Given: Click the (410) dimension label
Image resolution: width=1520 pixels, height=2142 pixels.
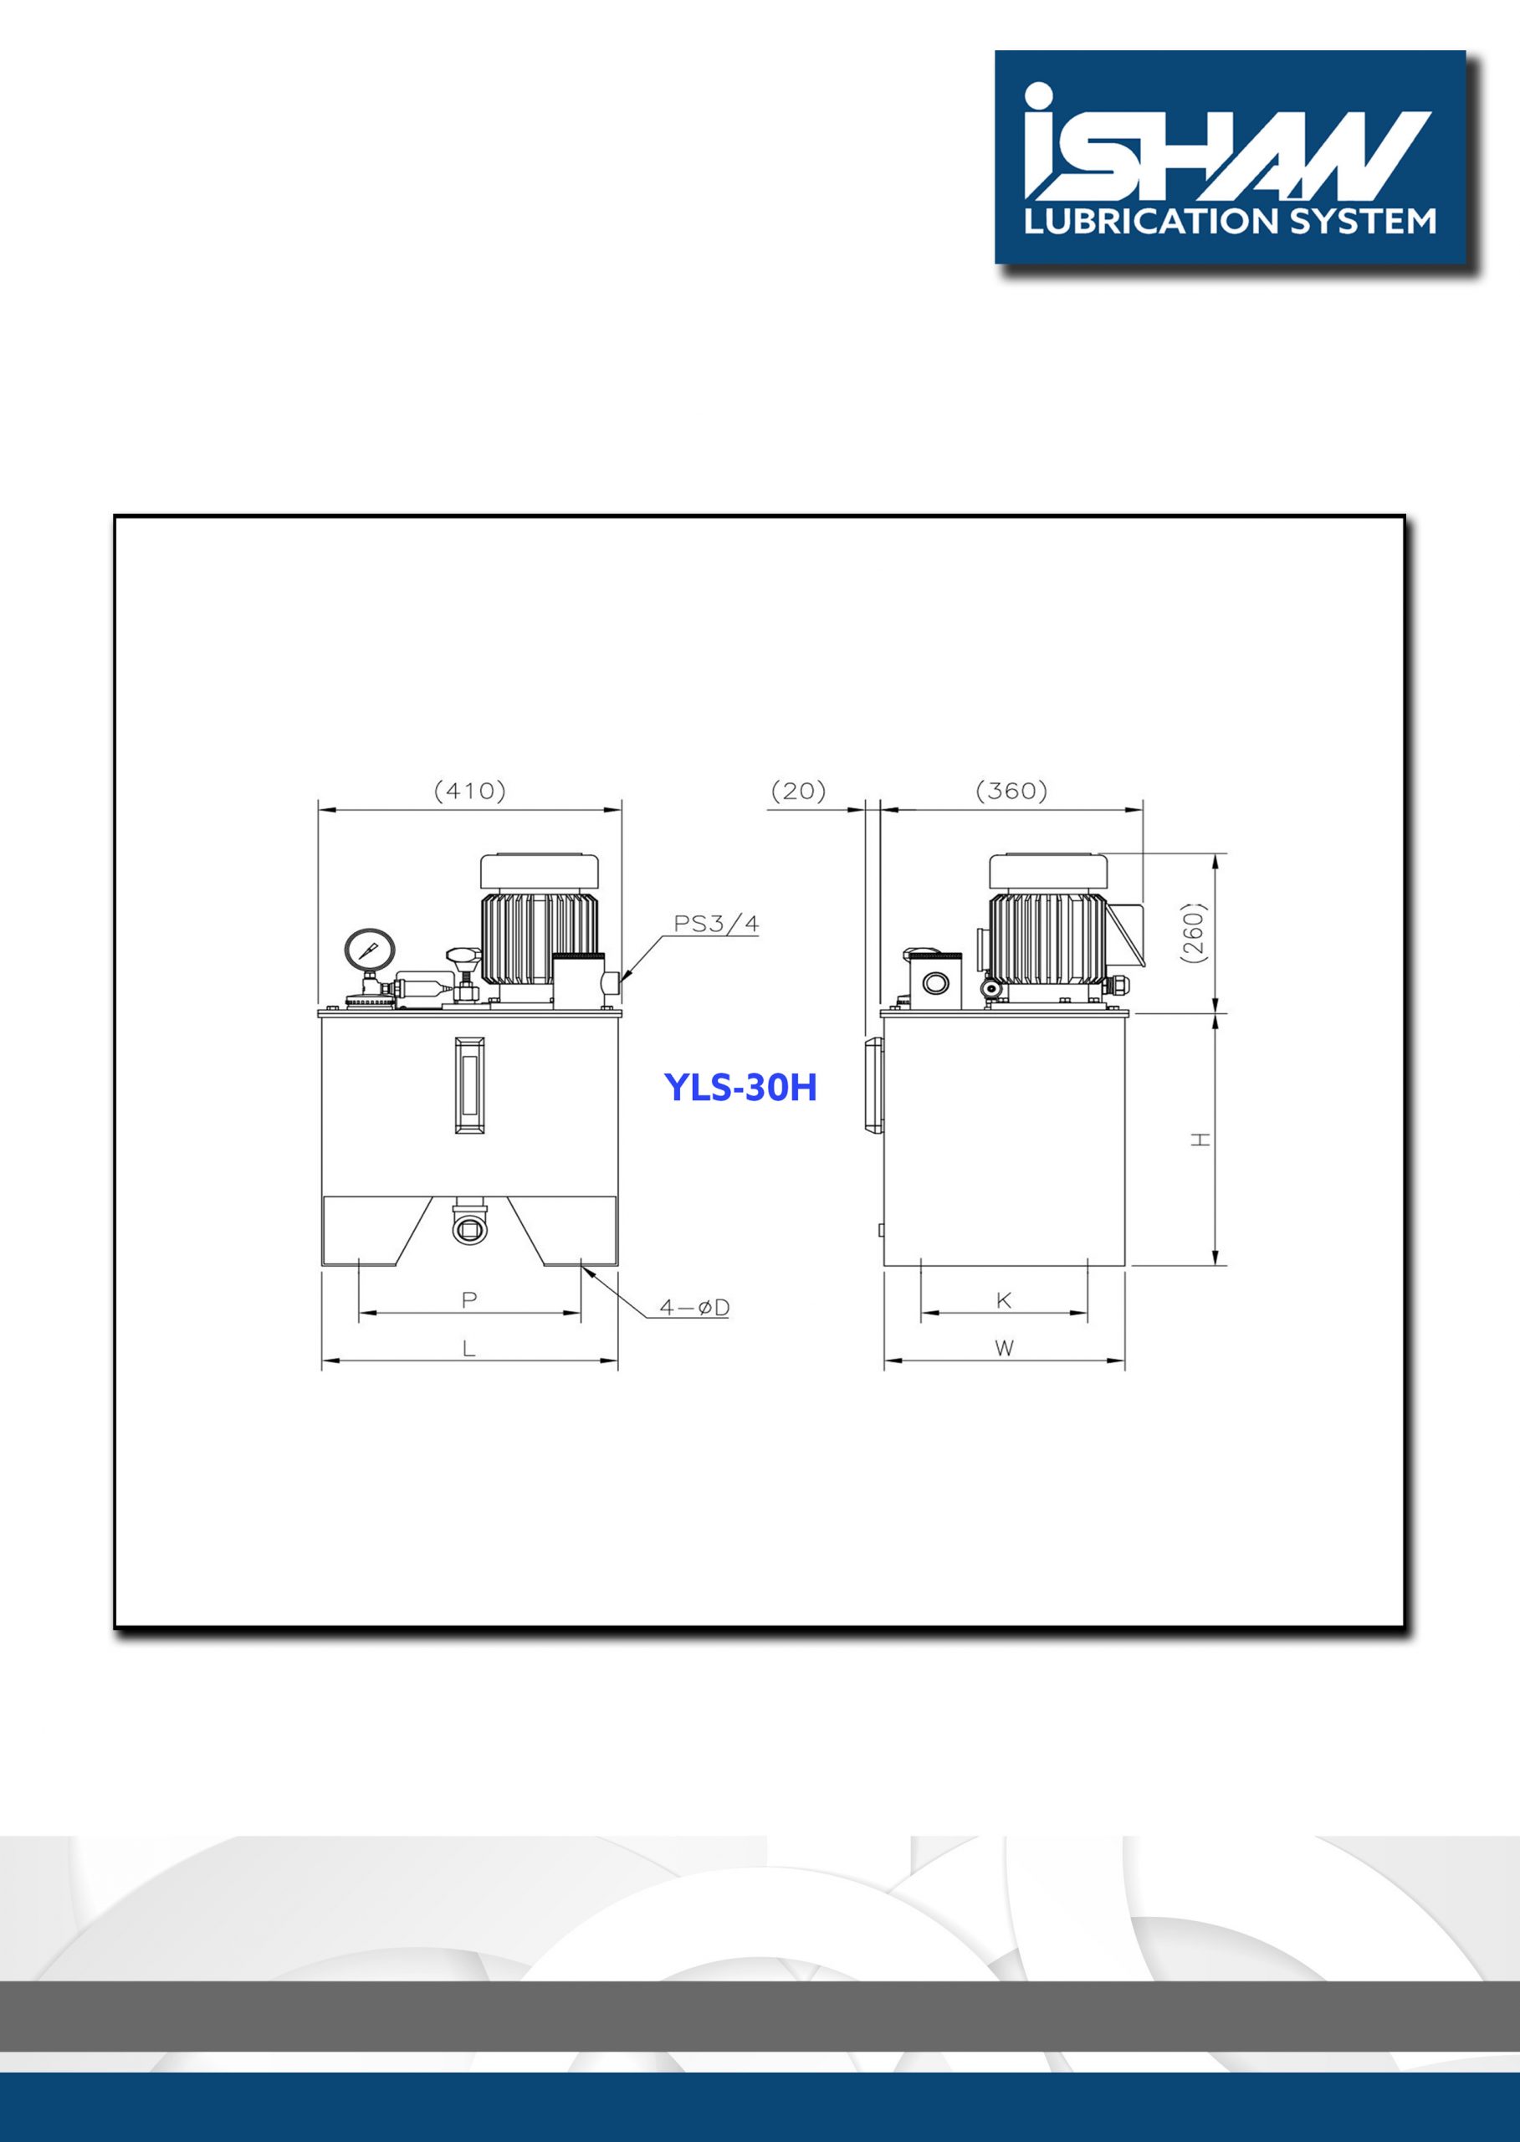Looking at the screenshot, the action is tap(470, 791).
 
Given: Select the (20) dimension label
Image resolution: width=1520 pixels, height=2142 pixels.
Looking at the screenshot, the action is tap(798, 791).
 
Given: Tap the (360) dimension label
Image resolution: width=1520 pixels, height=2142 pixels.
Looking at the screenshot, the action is tap(1011, 791).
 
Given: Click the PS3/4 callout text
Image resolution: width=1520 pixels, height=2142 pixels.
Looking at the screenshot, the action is tap(717, 924).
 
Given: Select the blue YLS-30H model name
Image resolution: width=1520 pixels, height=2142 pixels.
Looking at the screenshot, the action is tap(740, 1087).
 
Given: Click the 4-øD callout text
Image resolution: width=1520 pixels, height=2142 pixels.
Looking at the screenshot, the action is tap(694, 1308).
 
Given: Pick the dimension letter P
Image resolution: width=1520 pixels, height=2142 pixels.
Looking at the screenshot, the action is tap(469, 1299).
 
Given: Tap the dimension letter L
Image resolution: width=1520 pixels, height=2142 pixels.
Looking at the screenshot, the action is tap(469, 1348).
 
